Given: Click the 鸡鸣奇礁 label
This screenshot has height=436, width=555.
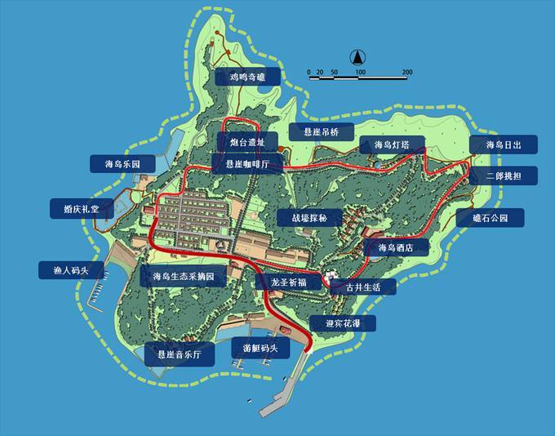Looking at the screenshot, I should (248, 78).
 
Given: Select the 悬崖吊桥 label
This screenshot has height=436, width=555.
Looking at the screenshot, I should (326, 131).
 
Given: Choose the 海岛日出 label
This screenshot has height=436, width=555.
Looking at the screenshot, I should (504, 145).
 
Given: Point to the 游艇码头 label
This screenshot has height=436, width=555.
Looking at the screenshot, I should (260, 349).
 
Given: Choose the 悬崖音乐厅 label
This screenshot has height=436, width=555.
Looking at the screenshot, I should (179, 354).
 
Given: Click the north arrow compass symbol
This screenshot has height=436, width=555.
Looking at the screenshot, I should (357, 57).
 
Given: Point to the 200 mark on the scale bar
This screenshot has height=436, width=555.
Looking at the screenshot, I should (406, 73).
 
